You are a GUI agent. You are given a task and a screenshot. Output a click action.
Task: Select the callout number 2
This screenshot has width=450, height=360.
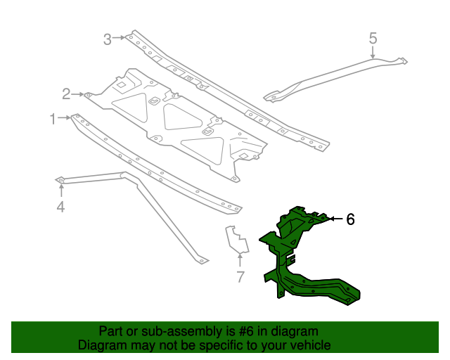66,94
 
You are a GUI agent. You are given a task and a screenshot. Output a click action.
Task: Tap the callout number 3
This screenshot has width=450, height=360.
108,39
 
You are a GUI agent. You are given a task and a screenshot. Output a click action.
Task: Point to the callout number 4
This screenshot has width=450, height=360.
60,206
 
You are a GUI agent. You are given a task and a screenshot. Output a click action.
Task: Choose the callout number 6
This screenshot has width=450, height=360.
349,219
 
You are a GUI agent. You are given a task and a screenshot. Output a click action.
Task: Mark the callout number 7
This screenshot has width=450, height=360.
240,277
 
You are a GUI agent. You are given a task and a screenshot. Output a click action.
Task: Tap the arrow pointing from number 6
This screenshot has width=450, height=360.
333,219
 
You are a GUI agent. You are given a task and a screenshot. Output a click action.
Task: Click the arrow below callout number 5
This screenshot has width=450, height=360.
373,51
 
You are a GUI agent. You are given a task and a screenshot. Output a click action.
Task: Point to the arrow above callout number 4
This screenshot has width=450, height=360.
60,191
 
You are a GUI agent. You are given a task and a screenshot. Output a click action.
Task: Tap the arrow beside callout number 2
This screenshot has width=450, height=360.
79,94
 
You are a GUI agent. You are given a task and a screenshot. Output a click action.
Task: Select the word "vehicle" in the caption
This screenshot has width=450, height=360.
307,345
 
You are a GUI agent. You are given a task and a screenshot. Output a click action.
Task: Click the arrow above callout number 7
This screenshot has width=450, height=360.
239,260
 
